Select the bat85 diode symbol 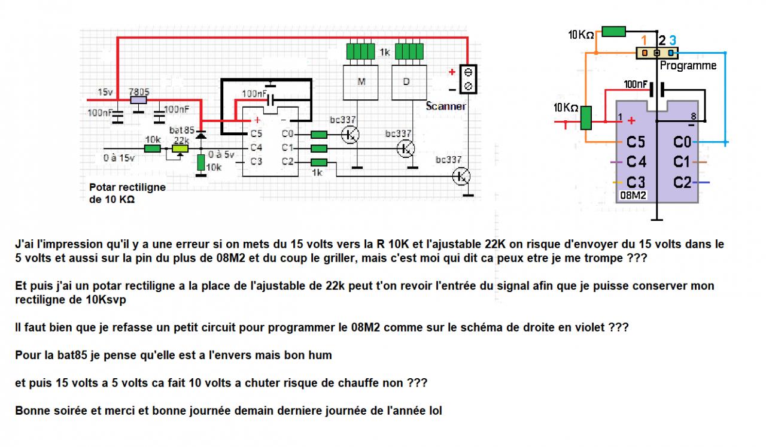tap(201, 136)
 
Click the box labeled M tap(361, 82)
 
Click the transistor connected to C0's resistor tap(349, 135)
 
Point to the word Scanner tap(446, 106)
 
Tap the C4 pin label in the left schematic tap(256, 147)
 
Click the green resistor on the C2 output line tap(319, 163)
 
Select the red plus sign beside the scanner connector tap(452, 72)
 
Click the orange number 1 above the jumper tap(644, 40)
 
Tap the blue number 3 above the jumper tap(673, 40)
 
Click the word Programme tap(688, 66)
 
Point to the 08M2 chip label tap(633, 196)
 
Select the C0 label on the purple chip tap(683, 142)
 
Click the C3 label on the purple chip tap(636, 182)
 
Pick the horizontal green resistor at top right tap(613, 32)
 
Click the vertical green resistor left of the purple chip tap(586, 118)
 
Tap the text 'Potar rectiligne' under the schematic tap(127, 187)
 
